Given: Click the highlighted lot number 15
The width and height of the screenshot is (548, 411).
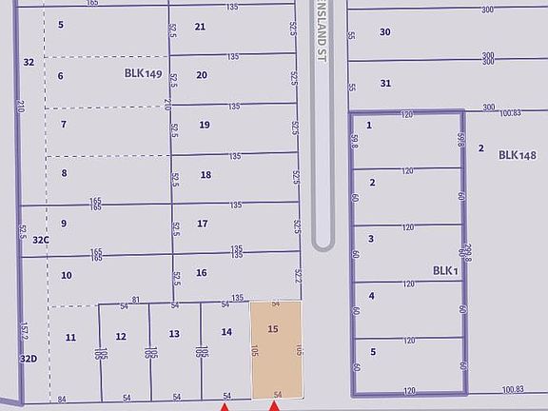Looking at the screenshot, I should (x=273, y=329).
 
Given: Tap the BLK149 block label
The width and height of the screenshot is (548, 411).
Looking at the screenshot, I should (x=144, y=72).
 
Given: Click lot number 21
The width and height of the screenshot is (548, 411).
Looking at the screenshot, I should (x=200, y=27).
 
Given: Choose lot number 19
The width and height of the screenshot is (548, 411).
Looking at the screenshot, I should (x=205, y=125).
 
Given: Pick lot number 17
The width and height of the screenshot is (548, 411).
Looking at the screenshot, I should (x=202, y=224).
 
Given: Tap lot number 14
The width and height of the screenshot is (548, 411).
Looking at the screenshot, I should (x=226, y=331).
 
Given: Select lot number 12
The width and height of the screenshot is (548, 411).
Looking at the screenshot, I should (x=121, y=336).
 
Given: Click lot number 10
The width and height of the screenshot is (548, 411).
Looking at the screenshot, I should (x=66, y=275).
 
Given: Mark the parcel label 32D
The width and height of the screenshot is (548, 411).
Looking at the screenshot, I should (x=30, y=358).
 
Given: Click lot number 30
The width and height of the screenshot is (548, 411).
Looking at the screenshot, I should (x=385, y=31).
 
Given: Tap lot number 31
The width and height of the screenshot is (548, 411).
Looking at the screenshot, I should (x=385, y=83).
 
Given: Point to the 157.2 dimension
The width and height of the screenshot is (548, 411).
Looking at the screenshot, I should (x=22, y=331).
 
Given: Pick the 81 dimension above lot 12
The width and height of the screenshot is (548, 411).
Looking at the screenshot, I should (x=136, y=300).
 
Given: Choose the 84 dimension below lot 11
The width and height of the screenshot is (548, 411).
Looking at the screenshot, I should (x=62, y=399).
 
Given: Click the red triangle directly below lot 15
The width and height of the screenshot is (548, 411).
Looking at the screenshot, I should (x=274, y=406).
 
